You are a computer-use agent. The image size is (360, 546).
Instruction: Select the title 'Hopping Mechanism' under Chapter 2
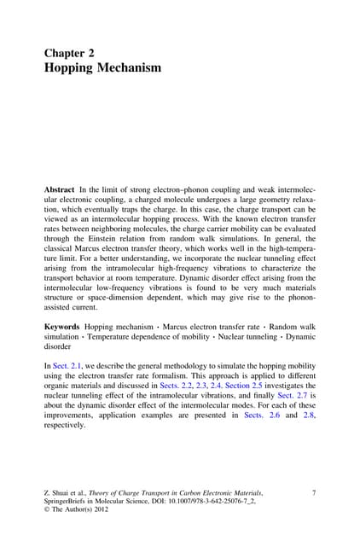102,67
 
